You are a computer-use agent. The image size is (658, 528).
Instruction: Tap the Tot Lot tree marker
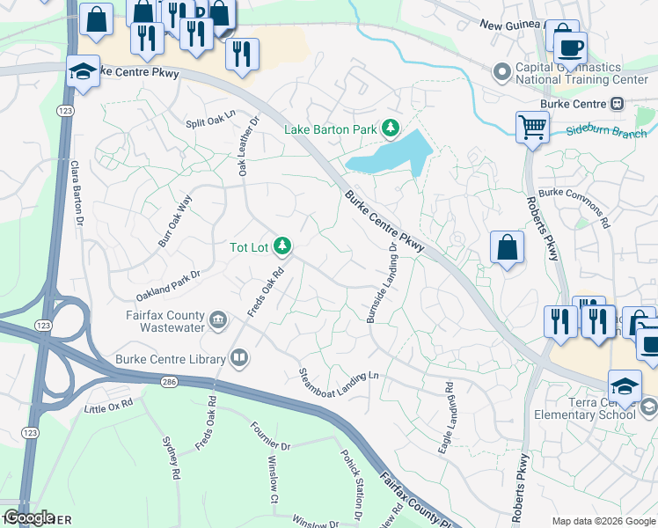coord(282,246)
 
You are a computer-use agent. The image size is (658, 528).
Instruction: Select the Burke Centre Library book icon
coord(238,357)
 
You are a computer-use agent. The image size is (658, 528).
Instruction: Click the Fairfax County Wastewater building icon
coord(219,319)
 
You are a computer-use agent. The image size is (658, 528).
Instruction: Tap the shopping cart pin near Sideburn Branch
coord(532,127)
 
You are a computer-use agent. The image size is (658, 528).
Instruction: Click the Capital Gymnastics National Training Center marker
coord(502,70)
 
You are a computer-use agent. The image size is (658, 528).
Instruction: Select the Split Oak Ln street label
coord(211,119)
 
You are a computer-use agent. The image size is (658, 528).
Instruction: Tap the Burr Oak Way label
coord(175,221)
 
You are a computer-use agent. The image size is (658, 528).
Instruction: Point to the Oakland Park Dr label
coord(168,285)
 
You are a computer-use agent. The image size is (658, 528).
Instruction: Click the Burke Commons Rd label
coord(574,207)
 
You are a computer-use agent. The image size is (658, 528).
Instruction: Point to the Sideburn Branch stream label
coord(604,132)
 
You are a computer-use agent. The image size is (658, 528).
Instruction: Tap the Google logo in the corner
coord(29,517)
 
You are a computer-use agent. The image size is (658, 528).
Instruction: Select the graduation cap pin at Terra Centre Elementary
coord(624,385)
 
